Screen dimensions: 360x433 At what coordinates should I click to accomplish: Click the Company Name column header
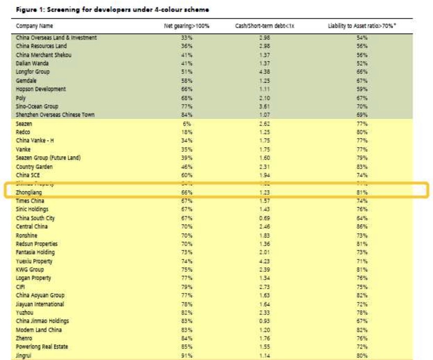(35, 26)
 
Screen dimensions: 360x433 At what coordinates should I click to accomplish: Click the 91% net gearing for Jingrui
(180, 356)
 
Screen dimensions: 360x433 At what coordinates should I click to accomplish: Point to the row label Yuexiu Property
(35, 261)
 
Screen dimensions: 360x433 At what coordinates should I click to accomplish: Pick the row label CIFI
(21, 286)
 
